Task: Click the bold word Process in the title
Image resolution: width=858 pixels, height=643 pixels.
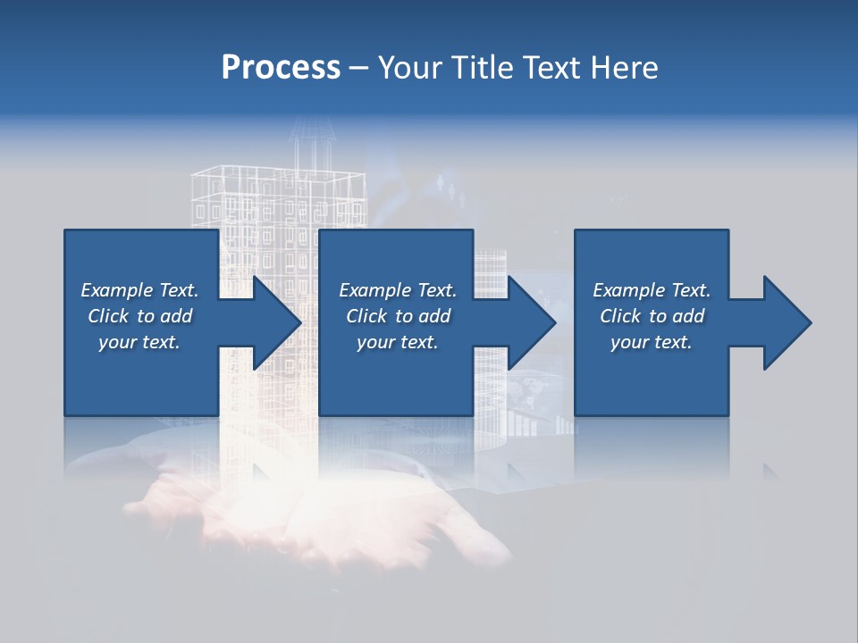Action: pyautogui.click(x=281, y=68)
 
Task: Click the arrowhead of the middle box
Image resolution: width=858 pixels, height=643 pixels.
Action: pyautogui.click(x=530, y=322)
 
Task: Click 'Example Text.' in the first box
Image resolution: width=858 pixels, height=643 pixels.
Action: pyautogui.click(x=139, y=290)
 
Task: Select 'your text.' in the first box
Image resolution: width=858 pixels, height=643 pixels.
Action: pyautogui.click(x=139, y=342)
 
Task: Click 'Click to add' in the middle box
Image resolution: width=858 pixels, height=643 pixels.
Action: pyautogui.click(x=398, y=316)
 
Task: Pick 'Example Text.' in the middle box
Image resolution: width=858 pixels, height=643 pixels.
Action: pyautogui.click(x=398, y=290)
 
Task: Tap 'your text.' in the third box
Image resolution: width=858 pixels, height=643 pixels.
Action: pyautogui.click(x=652, y=342)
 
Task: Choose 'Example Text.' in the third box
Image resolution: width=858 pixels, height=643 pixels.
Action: pyautogui.click(x=652, y=290)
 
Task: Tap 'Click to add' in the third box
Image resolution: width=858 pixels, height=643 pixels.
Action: pyautogui.click(x=652, y=316)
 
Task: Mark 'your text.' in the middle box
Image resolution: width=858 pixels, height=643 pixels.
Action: pyautogui.click(x=398, y=342)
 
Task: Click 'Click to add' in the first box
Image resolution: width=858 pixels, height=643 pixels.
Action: pyautogui.click(x=139, y=316)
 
